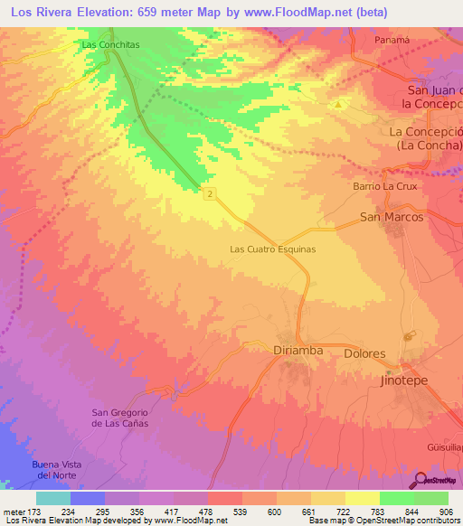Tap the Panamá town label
click(x=392, y=40)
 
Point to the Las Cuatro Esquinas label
click(x=272, y=249)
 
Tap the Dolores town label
click(x=364, y=354)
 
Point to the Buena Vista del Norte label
click(x=57, y=470)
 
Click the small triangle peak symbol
click(x=338, y=105)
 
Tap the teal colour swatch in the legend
click(x=53, y=498)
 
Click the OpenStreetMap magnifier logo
click(x=420, y=480)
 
